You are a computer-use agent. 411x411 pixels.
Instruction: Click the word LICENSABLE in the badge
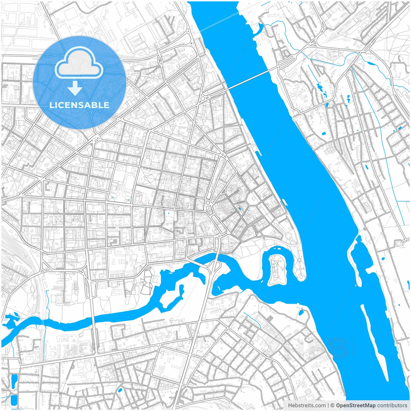coord(79,105)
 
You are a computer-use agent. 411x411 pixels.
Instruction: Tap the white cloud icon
coord(79,63)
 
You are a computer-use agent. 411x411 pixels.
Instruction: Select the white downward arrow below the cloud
coord(75,88)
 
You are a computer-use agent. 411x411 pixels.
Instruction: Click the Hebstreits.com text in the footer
coord(307,406)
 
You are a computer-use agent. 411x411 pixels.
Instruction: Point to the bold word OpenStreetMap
coord(355,406)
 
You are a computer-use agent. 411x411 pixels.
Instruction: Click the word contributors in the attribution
coord(392,406)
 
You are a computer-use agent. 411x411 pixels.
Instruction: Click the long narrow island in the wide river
coord(374,340)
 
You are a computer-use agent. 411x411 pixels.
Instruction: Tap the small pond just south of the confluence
coord(301,312)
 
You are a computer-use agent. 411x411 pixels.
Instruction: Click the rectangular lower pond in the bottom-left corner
coord(13,400)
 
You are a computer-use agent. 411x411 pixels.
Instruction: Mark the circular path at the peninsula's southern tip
coord(301,276)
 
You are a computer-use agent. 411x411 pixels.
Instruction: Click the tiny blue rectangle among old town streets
coord(240,209)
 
